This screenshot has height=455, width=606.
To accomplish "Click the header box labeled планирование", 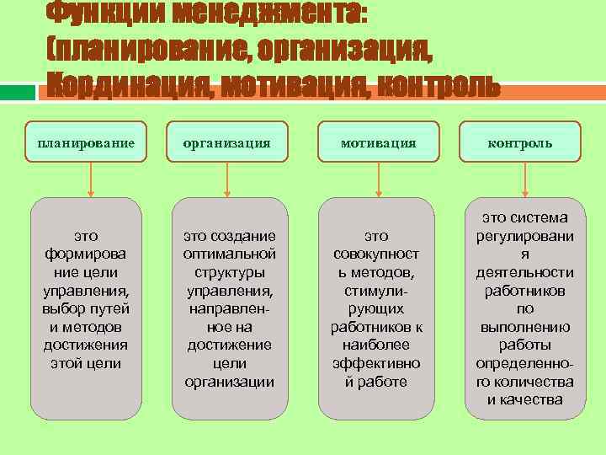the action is [86, 142].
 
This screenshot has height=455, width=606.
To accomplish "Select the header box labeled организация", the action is [228, 142].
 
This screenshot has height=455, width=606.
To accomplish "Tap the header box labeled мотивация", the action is [379, 142].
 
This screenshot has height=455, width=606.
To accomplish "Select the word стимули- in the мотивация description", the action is [379, 291].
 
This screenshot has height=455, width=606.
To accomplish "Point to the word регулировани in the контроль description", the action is [524, 236].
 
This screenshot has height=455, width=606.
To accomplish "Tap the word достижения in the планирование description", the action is [85, 345].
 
